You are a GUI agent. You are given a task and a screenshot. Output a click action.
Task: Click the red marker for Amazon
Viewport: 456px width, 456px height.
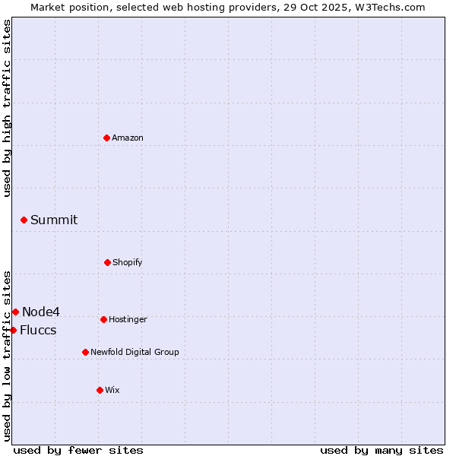pyautogui.click(x=107, y=138)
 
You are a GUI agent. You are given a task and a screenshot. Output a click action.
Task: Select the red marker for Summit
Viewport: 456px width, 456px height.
pyautogui.click(x=24, y=220)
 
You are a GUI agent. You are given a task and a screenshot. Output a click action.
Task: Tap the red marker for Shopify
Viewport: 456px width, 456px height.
pyautogui.click(x=107, y=262)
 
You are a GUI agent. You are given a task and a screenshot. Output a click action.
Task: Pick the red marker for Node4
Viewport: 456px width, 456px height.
pyautogui.click(x=16, y=312)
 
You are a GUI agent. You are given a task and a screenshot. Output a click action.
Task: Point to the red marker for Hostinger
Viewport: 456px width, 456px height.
pyautogui.click(x=103, y=319)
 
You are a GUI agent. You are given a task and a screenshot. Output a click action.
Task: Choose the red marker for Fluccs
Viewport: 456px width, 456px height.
pyautogui.click(x=14, y=330)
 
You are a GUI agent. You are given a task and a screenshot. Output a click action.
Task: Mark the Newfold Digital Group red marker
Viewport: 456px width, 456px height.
pyautogui.click(x=85, y=352)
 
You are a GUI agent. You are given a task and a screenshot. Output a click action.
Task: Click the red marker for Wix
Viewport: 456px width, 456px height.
pyautogui.click(x=100, y=390)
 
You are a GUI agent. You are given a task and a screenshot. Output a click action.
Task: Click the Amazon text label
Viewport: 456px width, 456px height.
pyautogui.click(x=128, y=138)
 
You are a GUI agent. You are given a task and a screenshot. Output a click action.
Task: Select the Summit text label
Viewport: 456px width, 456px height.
pyautogui.click(x=54, y=220)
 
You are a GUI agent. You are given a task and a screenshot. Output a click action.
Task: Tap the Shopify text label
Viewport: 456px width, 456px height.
pyautogui.click(x=128, y=262)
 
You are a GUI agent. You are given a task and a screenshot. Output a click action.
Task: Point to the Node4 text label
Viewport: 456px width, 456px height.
pyautogui.click(x=41, y=312)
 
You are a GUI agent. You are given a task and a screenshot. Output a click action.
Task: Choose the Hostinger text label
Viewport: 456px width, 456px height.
pyautogui.click(x=128, y=319)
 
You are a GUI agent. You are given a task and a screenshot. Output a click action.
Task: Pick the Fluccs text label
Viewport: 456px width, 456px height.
pyautogui.click(x=38, y=330)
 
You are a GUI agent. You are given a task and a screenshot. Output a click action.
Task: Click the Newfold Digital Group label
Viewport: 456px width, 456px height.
pyautogui.click(x=135, y=352)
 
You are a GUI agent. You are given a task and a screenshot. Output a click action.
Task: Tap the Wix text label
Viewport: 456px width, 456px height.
pyautogui.click(x=112, y=390)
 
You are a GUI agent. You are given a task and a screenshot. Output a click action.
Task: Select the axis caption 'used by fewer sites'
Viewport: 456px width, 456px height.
pyautogui.click(x=78, y=450)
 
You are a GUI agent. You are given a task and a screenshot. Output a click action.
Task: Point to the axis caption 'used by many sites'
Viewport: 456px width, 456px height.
pyautogui.click(x=382, y=450)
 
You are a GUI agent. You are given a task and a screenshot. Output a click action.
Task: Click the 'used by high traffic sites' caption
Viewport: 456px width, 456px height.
pyautogui.click(x=7, y=109)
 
